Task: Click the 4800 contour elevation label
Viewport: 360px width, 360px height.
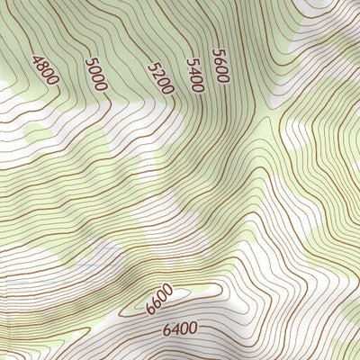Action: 44,70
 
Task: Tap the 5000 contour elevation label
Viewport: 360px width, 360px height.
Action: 95,75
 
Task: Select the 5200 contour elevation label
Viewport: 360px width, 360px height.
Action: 159,78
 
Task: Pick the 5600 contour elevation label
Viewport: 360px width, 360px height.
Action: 220,65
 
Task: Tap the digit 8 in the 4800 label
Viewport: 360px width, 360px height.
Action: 41,67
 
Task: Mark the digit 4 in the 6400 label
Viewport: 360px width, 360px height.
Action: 175,330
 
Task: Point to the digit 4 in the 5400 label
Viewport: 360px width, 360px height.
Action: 193,70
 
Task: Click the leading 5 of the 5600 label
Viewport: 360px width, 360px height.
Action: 216,51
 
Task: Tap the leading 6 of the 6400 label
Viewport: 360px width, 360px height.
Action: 166,332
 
